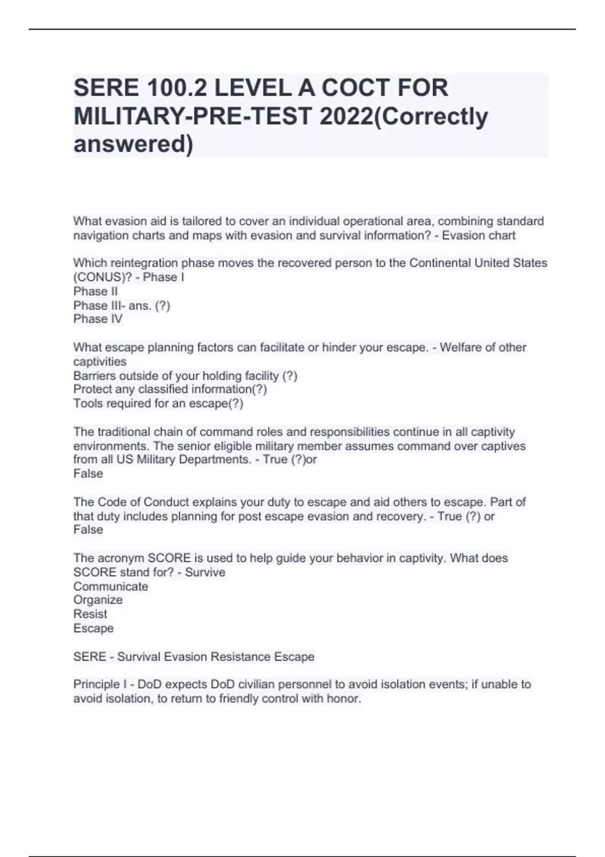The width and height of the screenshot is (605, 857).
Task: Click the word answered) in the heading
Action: [133, 144]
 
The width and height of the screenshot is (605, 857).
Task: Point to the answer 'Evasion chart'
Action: [478, 235]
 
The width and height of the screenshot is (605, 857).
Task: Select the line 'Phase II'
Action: [95, 291]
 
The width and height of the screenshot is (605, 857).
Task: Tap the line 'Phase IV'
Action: [98, 319]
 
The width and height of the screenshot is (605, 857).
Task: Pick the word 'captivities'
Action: [100, 361]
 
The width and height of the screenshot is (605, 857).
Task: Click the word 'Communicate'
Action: [110, 587]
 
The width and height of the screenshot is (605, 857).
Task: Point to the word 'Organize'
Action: [98, 600]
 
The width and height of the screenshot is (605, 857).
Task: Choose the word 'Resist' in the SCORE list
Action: [90, 614]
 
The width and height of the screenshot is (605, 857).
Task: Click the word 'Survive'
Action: [205, 572]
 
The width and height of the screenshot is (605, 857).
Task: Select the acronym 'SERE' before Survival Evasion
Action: [89, 657]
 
